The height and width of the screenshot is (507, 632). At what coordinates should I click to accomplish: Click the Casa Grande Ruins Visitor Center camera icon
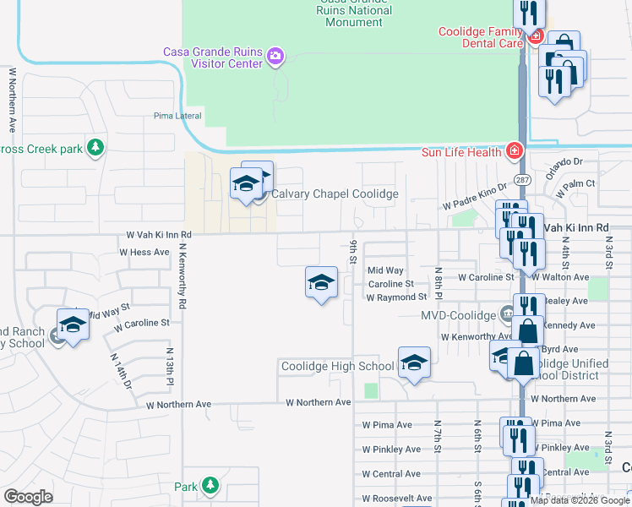[x=275, y=57]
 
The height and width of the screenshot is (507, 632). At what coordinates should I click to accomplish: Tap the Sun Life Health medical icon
[x=513, y=151]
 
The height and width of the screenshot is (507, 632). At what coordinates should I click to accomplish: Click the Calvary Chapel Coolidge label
[x=334, y=194]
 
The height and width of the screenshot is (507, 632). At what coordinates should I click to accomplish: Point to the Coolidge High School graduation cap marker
[x=414, y=363]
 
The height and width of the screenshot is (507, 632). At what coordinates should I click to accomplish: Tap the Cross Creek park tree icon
[x=95, y=148]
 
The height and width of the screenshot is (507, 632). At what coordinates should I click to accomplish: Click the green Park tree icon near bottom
[x=209, y=486]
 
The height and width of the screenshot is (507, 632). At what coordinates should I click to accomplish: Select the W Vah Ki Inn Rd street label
[x=159, y=235]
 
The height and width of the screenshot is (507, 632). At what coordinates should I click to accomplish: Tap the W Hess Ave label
[x=144, y=252]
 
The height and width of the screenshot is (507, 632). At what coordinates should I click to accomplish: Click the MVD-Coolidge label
[x=457, y=315]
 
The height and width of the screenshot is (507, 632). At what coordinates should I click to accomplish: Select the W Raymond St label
[x=396, y=297]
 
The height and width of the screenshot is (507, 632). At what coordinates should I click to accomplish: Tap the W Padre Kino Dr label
[x=474, y=199]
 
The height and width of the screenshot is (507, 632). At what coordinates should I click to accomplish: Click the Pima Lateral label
[x=175, y=116]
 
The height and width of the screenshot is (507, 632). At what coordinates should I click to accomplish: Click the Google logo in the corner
[x=28, y=497]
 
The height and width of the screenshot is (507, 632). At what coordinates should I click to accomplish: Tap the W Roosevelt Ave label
[x=397, y=499]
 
